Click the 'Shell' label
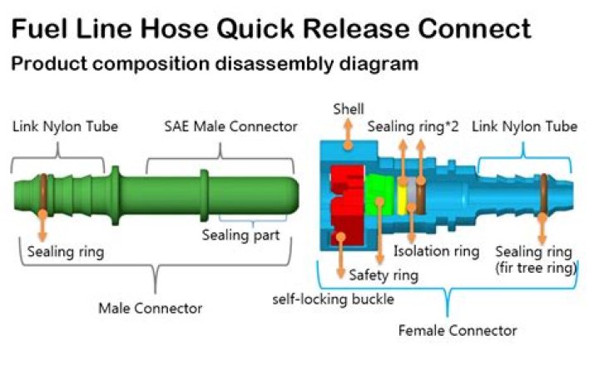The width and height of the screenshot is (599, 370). coord(348,109)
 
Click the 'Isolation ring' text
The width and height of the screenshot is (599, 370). coord(437,251)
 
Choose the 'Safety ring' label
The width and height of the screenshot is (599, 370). coord(384,274)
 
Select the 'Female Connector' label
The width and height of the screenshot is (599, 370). coord(458,330)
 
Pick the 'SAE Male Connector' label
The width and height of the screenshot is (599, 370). coord(230,127)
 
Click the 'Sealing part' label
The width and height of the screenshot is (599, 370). coord(240,234)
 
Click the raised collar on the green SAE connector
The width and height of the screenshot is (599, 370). coord(203,190)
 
